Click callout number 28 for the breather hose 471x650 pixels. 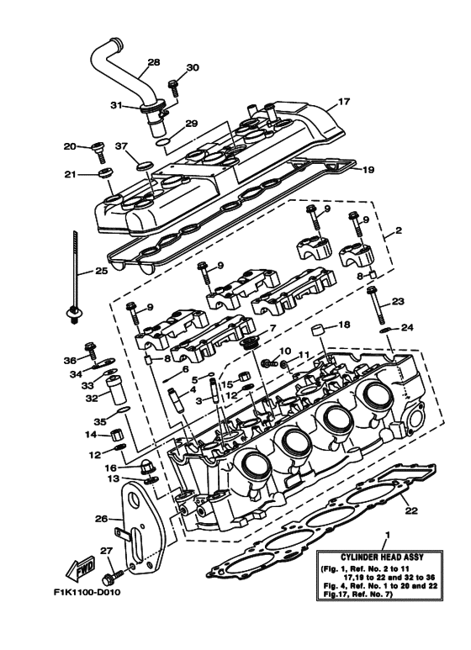[x=153, y=62]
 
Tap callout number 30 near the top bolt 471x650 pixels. [x=193, y=67]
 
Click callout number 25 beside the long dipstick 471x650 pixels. [x=101, y=272]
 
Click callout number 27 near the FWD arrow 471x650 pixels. [x=106, y=551]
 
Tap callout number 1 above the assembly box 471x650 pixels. [x=386, y=535]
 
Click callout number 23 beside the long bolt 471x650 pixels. [x=398, y=300]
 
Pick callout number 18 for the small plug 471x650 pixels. [x=343, y=325]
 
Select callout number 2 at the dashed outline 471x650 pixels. [x=398, y=229]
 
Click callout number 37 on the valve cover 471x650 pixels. [x=120, y=146]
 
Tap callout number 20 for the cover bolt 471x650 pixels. [x=70, y=146]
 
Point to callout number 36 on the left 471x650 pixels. [x=69, y=360]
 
